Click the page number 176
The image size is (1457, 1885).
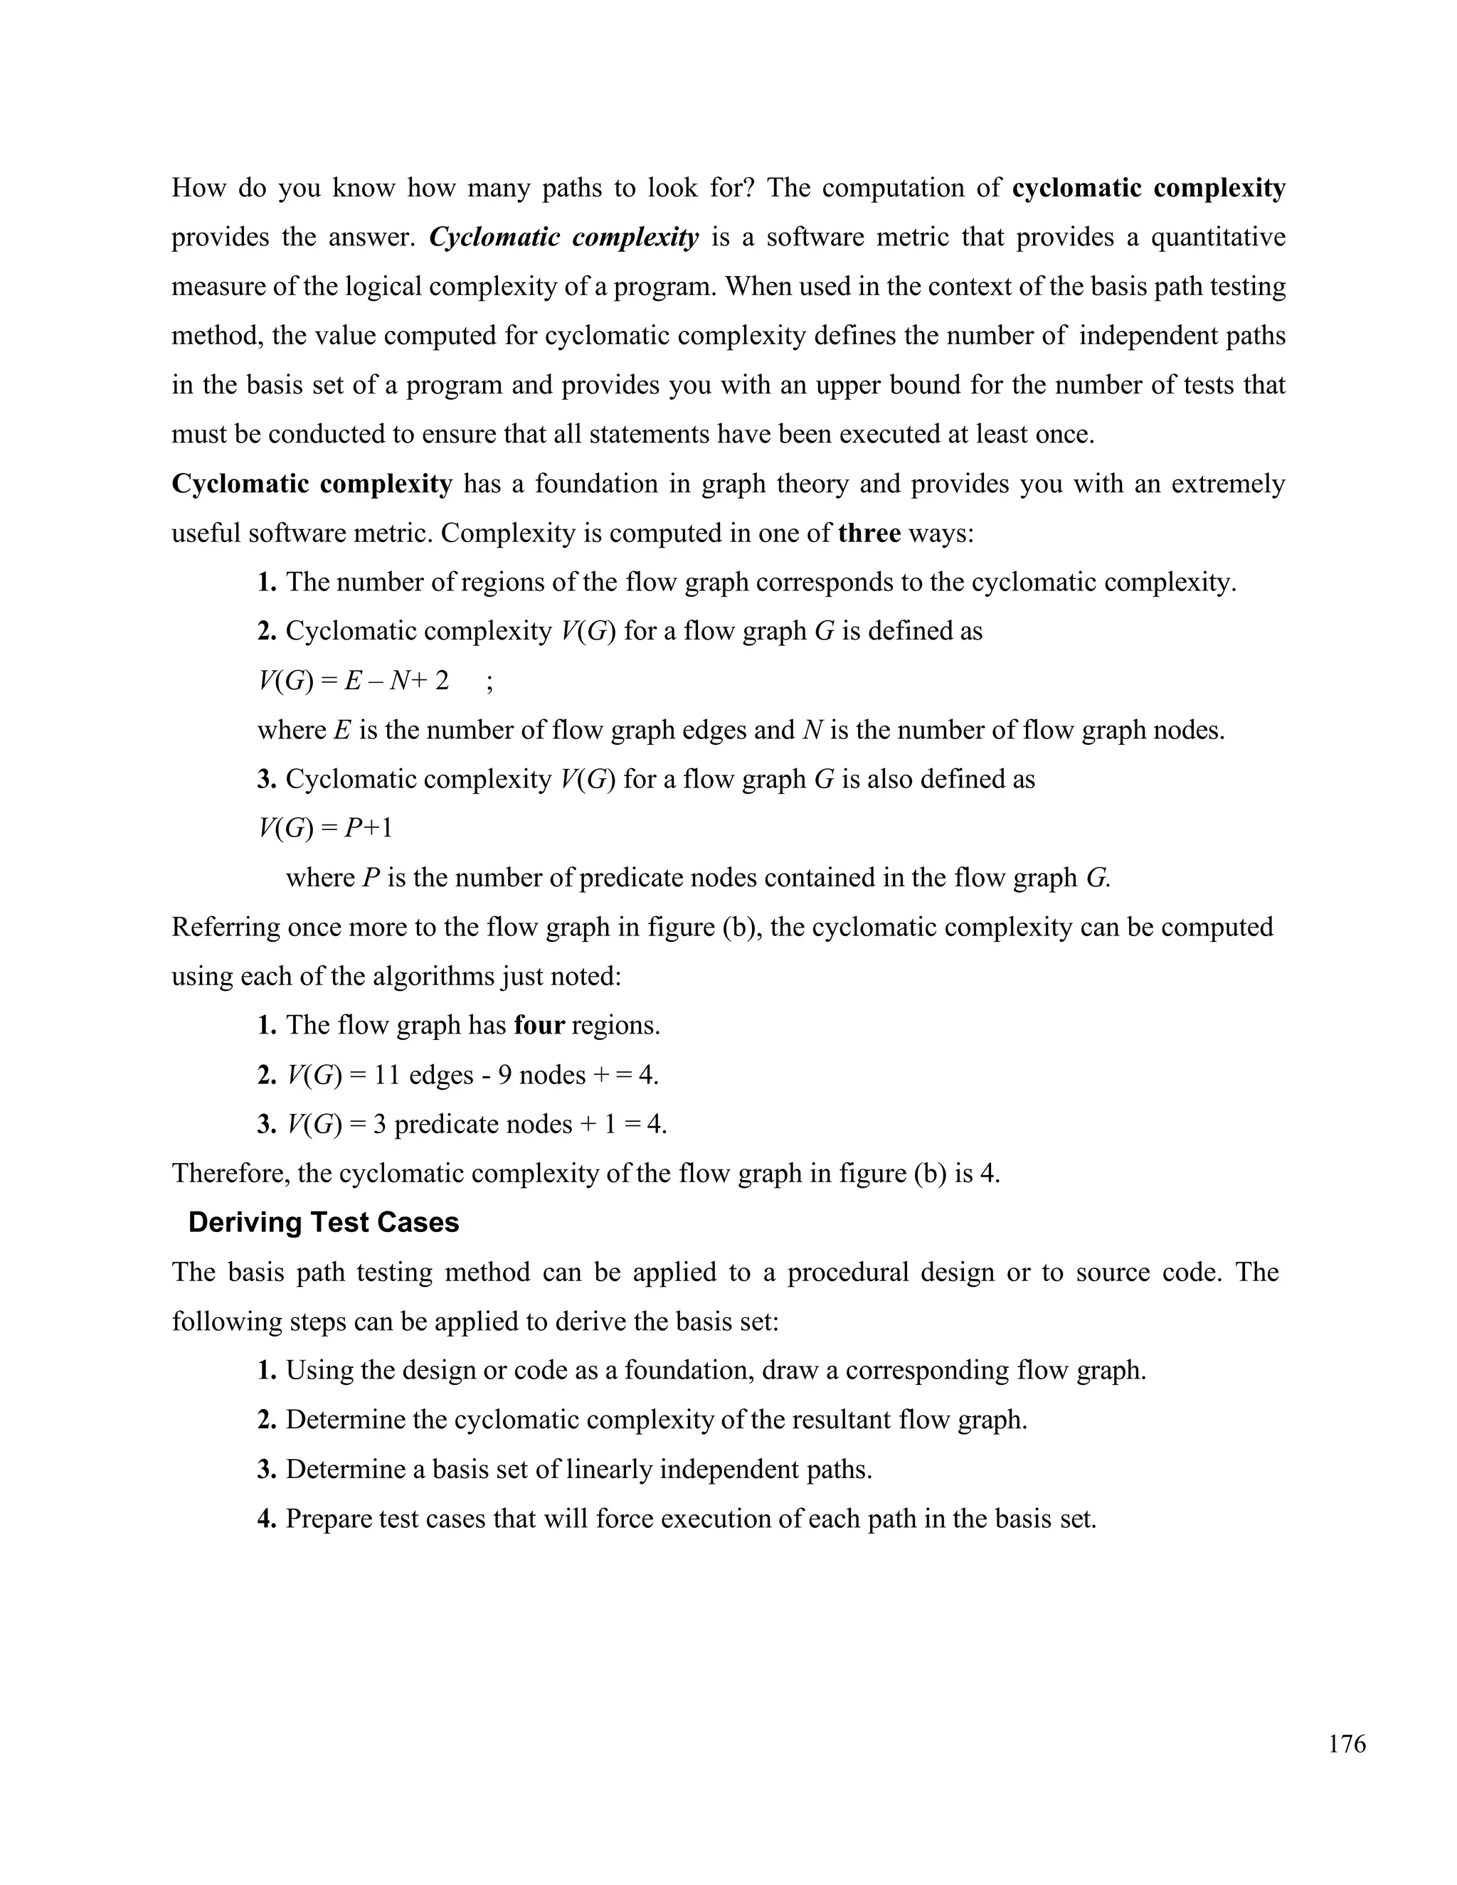pyautogui.click(x=1347, y=1743)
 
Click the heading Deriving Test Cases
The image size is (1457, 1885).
pyautogui.click(x=324, y=1223)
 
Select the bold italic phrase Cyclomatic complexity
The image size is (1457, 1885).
pyautogui.click(x=563, y=238)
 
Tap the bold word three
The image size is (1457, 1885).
pyautogui.click(x=869, y=533)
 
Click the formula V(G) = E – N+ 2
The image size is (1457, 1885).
pyautogui.click(x=353, y=681)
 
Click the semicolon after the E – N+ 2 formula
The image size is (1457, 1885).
pyautogui.click(x=489, y=681)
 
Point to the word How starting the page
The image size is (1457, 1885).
pyautogui.click(x=198, y=188)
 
